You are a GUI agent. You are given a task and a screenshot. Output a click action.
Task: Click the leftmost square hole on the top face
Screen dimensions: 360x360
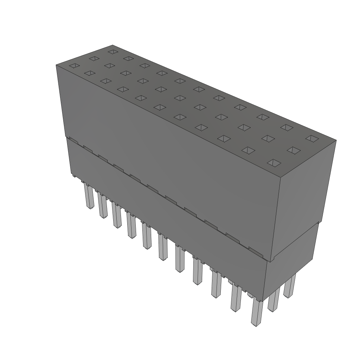(75, 66)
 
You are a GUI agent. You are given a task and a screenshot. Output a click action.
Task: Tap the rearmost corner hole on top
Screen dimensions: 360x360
(112, 52)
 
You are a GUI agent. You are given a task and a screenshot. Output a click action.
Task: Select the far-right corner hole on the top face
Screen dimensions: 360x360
(311, 138)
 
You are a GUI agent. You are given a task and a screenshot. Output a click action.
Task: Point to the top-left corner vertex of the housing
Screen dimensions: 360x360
(56, 65)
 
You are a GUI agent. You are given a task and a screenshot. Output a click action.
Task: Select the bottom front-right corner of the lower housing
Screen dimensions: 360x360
(263, 301)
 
